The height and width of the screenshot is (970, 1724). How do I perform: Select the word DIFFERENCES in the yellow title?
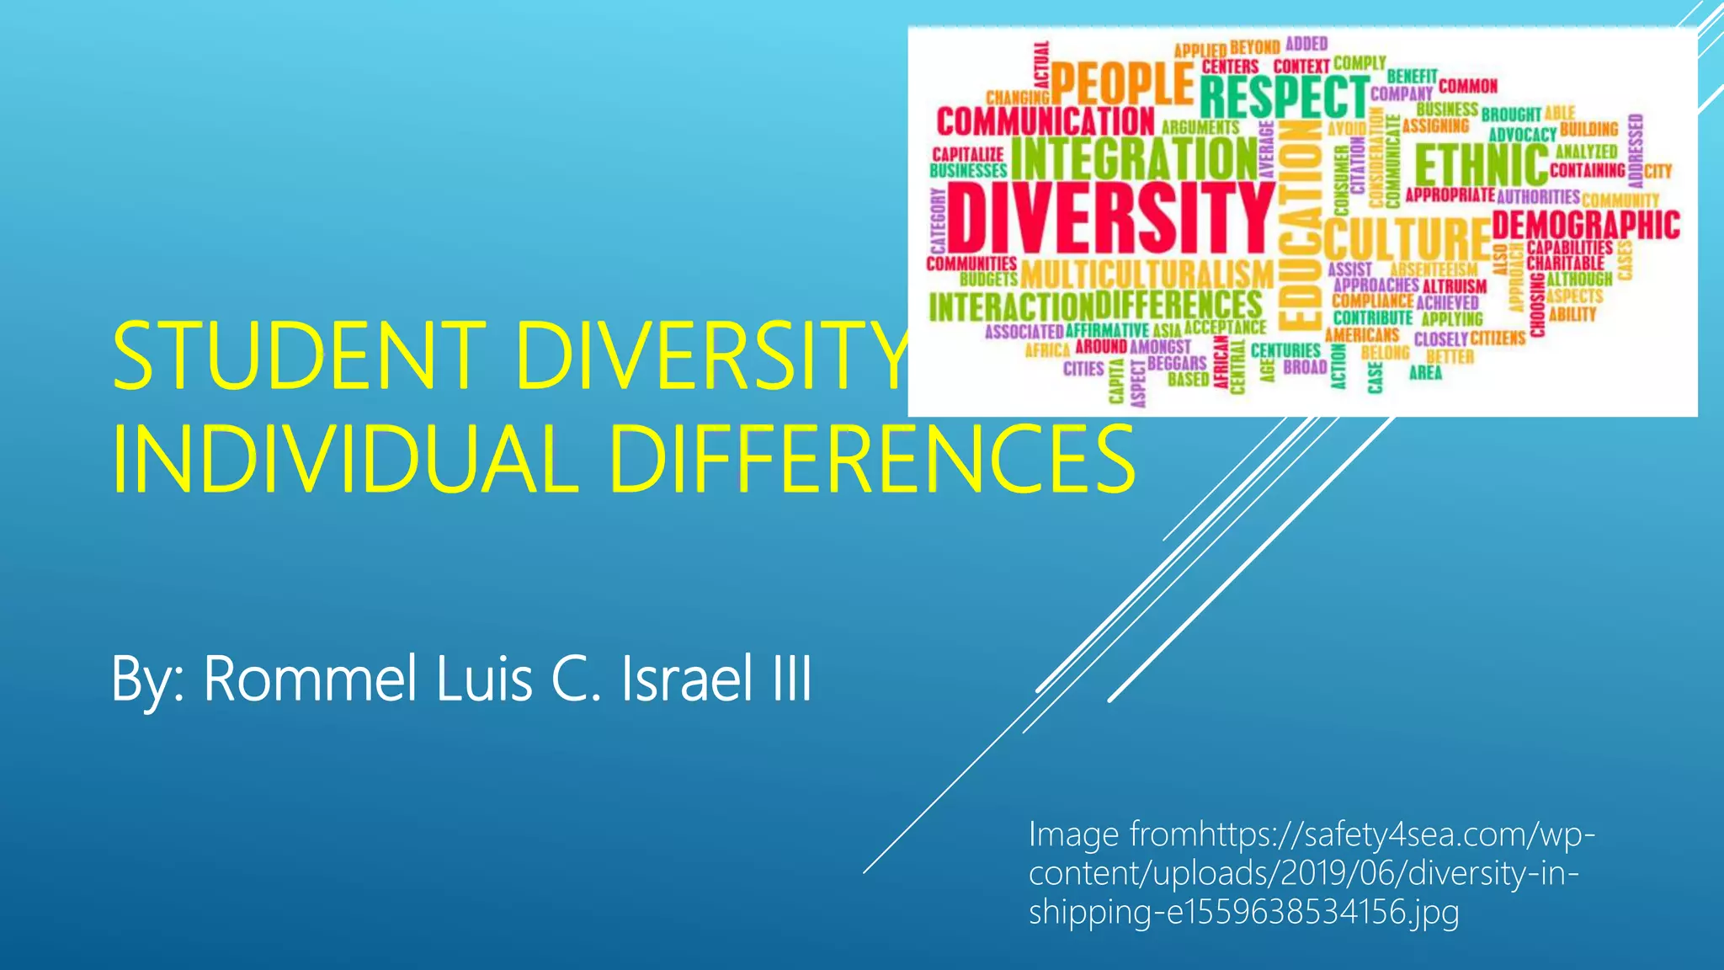coord(871,461)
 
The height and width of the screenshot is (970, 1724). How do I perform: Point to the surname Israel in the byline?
coord(686,679)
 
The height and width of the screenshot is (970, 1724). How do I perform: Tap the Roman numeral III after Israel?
coord(792,679)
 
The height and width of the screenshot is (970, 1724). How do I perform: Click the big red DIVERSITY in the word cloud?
coord(1111,217)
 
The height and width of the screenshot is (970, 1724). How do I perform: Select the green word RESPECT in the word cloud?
coord(1283,96)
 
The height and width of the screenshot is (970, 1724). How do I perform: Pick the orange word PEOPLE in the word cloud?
coord(1121,84)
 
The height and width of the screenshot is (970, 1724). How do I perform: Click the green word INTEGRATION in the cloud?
coord(1133,157)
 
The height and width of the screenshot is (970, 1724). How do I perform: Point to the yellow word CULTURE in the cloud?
coord(1406,238)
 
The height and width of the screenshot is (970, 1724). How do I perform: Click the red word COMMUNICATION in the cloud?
coord(1046,121)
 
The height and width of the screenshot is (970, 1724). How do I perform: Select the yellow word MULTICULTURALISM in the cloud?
coord(1147,274)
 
